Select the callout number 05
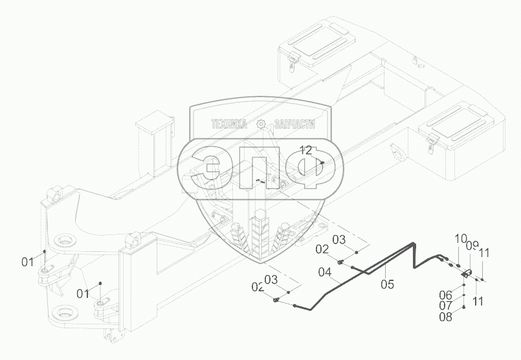(387, 282)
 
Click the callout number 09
(472, 246)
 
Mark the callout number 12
(305, 150)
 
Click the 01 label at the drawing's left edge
(27, 262)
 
